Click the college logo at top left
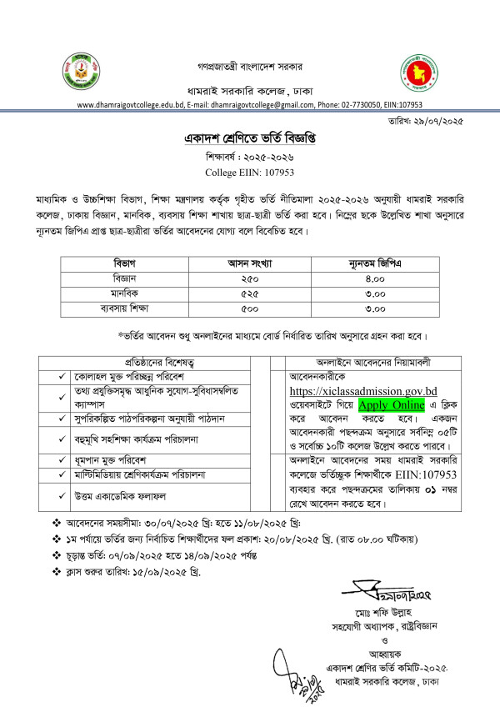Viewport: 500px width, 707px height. tap(76, 73)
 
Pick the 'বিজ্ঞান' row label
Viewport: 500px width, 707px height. tap(128, 278)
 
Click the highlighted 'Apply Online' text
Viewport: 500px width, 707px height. tap(392, 405)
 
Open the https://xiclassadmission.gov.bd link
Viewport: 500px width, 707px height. tap(363, 390)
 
